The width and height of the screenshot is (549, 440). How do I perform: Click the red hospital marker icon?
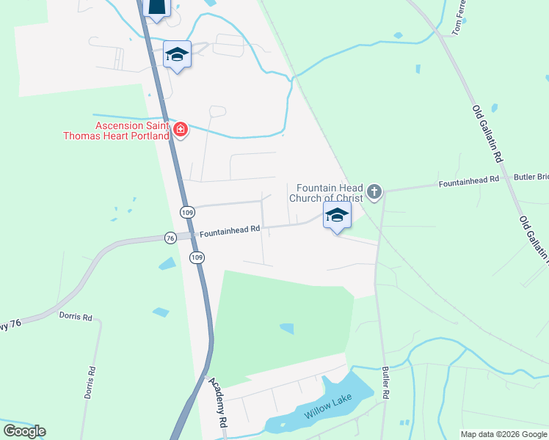[x=181, y=131]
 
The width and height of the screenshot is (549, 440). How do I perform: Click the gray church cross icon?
[x=374, y=192]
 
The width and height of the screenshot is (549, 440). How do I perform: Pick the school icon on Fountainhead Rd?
[x=337, y=216]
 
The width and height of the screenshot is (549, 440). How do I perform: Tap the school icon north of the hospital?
[x=177, y=55]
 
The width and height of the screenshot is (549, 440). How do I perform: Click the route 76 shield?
[x=170, y=238]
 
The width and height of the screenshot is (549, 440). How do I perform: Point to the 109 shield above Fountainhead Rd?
[x=186, y=212]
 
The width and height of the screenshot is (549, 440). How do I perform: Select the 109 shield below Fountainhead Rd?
[x=196, y=257]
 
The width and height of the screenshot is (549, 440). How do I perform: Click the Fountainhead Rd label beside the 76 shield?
[x=230, y=230]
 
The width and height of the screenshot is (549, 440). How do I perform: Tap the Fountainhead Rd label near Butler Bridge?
[x=468, y=180]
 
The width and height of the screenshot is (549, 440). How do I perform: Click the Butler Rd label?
[x=385, y=382]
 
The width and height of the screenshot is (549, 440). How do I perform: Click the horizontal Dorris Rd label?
[x=76, y=318]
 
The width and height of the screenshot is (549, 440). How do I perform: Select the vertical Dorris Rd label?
[x=90, y=382]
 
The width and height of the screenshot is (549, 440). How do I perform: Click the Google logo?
[x=24, y=430]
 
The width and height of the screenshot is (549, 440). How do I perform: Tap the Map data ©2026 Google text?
[x=503, y=434]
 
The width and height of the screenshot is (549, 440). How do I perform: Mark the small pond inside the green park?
[x=287, y=329]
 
